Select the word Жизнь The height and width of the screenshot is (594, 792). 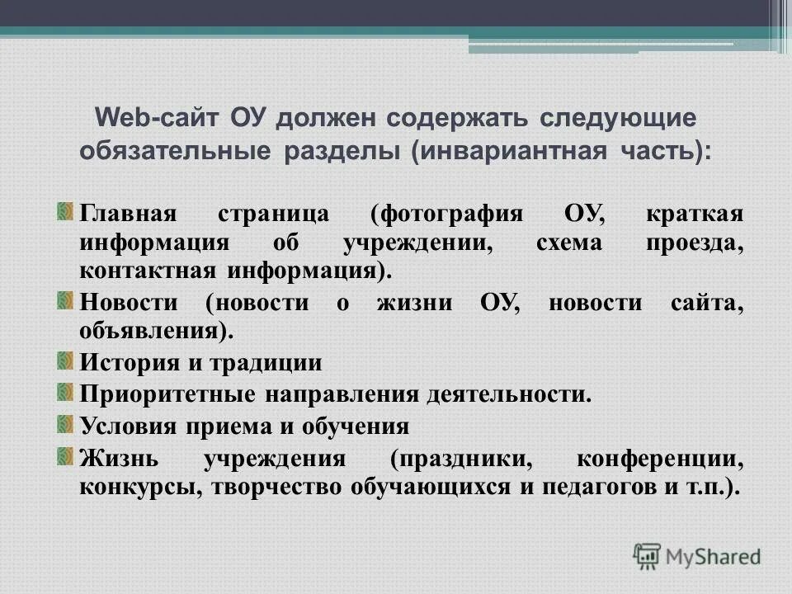116,457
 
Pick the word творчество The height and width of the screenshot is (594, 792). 280,486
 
